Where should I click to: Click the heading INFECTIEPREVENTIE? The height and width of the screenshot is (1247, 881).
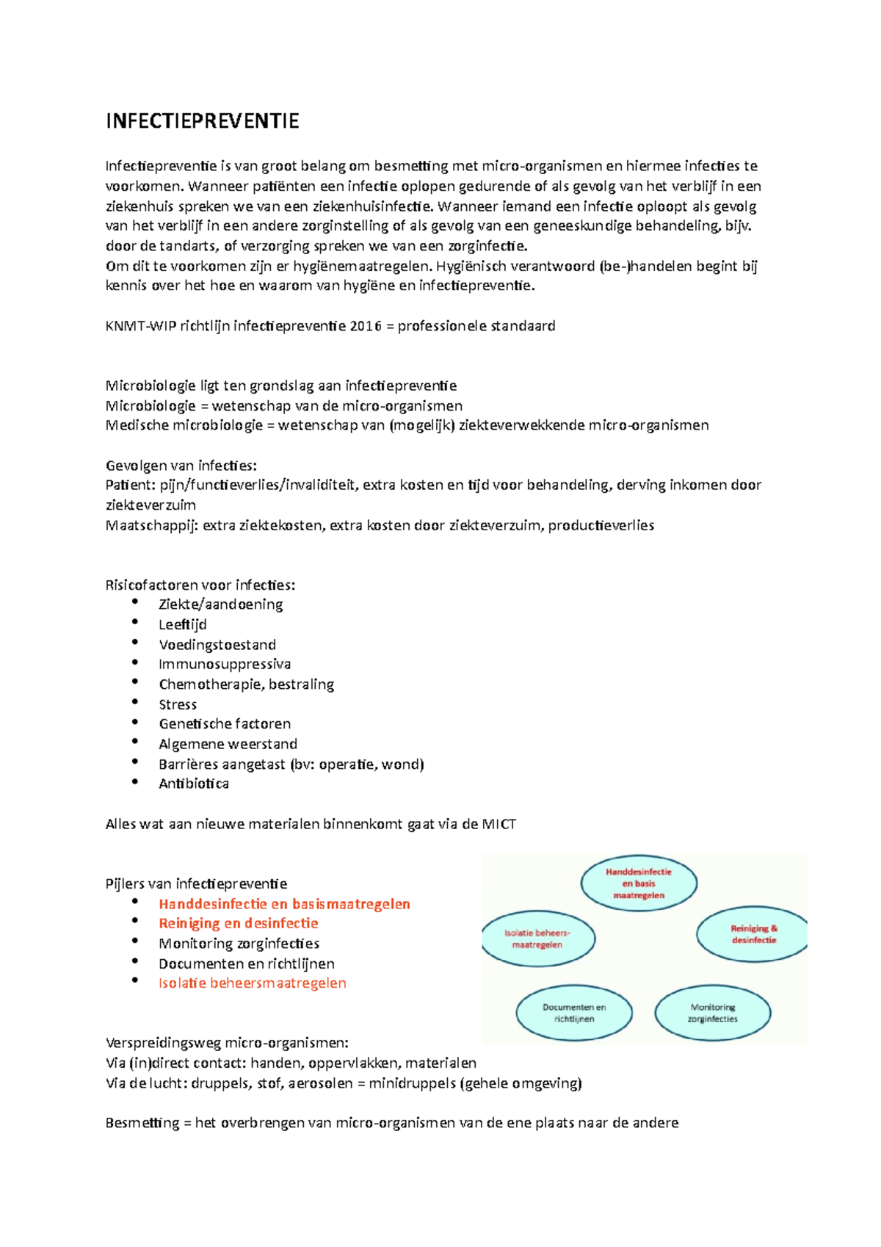[202, 121]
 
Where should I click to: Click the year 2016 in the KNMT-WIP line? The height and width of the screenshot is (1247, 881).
[366, 326]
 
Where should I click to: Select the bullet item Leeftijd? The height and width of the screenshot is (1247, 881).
[183, 625]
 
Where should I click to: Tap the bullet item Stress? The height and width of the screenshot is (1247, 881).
[178, 705]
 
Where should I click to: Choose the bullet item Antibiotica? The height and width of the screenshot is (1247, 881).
[194, 784]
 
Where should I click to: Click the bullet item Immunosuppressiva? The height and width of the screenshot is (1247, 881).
[225, 665]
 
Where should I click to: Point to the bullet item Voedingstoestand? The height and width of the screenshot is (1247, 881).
[217, 645]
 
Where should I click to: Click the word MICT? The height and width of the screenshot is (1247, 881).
[498, 825]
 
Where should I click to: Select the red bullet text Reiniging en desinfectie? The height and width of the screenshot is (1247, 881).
[239, 924]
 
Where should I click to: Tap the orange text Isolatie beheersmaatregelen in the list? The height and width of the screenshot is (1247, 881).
[252, 983]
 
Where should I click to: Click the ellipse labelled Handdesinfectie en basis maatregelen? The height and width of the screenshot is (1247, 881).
[639, 883]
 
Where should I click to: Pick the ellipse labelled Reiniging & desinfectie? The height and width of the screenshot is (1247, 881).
[753, 934]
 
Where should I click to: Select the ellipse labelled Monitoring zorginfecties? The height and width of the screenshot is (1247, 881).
[712, 1013]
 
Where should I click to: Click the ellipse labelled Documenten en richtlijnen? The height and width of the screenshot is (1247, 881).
[574, 1013]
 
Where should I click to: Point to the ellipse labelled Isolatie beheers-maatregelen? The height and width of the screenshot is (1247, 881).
[538, 939]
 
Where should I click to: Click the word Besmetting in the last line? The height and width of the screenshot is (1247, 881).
[142, 1124]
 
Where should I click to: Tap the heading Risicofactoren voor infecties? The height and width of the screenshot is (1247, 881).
[200, 585]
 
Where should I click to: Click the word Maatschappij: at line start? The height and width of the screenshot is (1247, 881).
[152, 526]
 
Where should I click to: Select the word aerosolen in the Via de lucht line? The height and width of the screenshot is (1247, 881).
[320, 1084]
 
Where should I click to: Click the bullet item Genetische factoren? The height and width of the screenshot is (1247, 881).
[225, 724]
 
